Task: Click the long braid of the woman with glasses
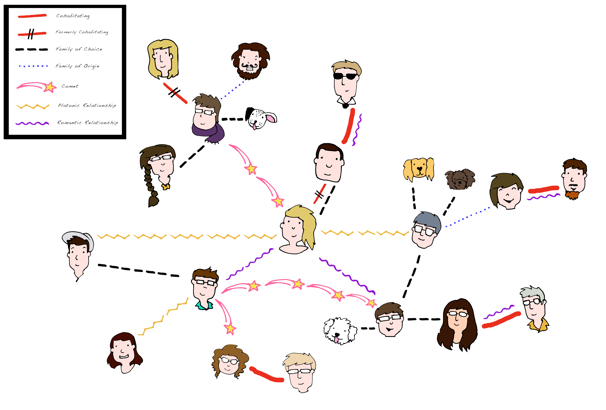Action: pyautogui.click(x=151, y=185)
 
